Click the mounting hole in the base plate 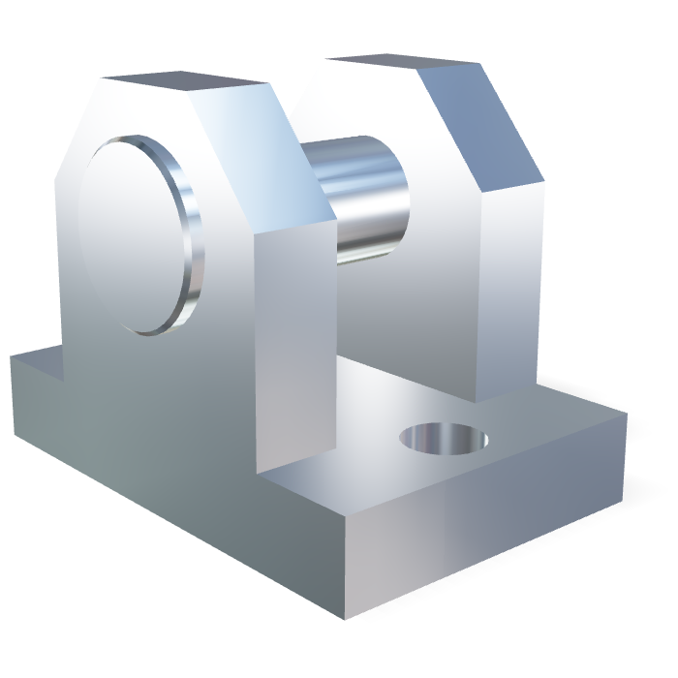pyautogui.click(x=444, y=439)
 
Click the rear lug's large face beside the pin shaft pyautogui.click(x=407, y=310)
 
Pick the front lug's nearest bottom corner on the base pyautogui.click(x=260, y=475)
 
